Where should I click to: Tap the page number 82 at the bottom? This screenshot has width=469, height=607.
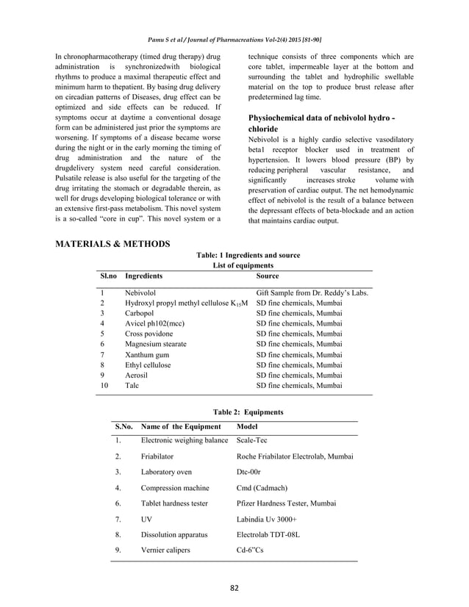click(x=234, y=587)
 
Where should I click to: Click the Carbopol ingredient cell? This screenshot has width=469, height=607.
click(x=140, y=312)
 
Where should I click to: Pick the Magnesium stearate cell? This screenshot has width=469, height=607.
click(x=156, y=343)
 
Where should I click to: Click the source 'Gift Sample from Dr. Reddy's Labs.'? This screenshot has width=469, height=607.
click(x=312, y=292)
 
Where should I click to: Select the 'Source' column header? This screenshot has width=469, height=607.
click(x=267, y=276)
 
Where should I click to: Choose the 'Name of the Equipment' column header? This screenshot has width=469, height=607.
click(x=180, y=427)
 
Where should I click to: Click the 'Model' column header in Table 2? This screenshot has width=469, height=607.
click(x=248, y=427)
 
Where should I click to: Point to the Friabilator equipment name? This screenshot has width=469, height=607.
click(x=159, y=456)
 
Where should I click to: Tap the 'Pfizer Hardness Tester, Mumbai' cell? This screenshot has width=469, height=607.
click(x=287, y=503)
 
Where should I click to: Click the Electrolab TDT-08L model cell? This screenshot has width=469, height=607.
click(x=268, y=534)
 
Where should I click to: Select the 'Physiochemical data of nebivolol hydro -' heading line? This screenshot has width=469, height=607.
click(x=323, y=118)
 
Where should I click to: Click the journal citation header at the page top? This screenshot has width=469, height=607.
click(x=234, y=38)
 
